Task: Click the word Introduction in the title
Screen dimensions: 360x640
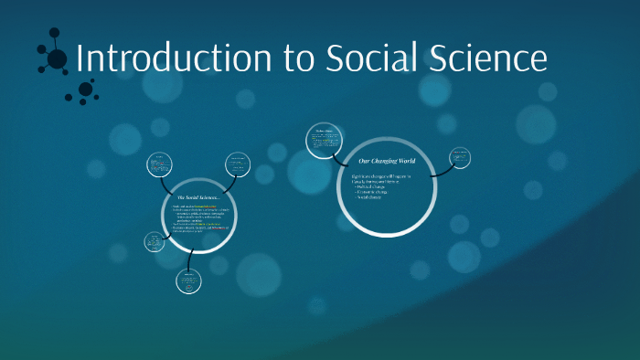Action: pyautogui.click(x=175, y=58)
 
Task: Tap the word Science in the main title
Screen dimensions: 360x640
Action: pyautogui.click(x=485, y=58)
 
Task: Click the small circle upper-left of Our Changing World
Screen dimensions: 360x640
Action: pyautogui.click(x=326, y=140)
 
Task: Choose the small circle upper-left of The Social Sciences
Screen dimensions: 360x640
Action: pyautogui.click(x=161, y=164)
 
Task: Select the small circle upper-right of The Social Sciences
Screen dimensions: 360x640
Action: pyautogui.click(x=238, y=164)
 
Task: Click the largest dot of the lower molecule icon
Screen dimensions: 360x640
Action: pyautogui.click(x=85, y=89)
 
